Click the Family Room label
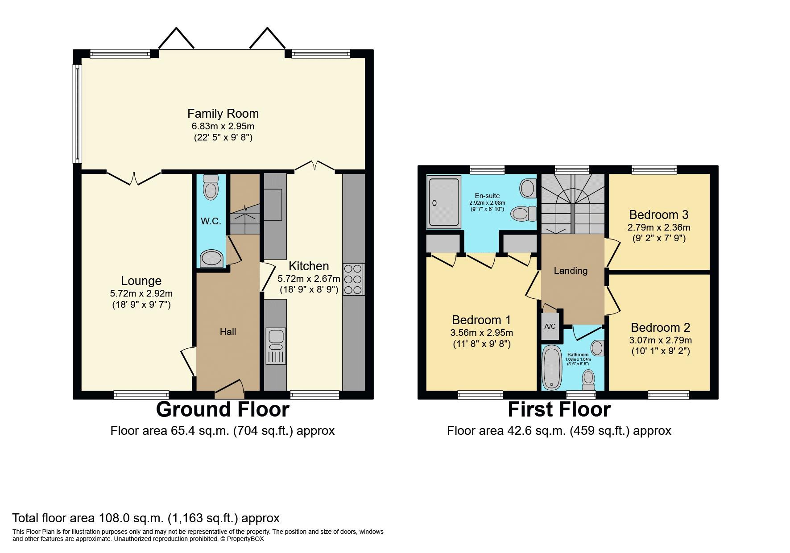point(223,113)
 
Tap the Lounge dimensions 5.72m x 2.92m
point(141,293)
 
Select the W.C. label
point(211,221)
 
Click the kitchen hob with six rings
point(353,279)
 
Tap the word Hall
point(228,332)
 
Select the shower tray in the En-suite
point(443,202)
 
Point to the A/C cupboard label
point(550,326)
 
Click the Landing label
point(571,271)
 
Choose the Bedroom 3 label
point(659,215)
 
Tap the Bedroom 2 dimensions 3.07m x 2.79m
point(661,340)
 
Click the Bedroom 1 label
point(481,320)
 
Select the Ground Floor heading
point(223,409)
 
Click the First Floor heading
point(559,409)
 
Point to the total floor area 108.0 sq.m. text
point(146,518)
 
